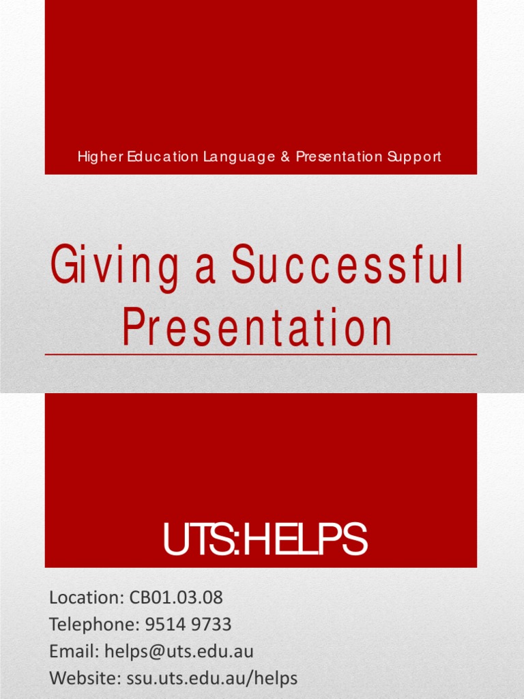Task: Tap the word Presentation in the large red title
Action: point(258,328)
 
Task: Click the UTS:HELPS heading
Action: point(264,540)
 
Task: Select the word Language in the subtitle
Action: point(237,157)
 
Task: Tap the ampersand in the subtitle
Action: point(285,157)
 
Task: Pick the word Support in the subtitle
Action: point(414,157)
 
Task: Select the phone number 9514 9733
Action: point(188,625)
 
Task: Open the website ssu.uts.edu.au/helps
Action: point(212,678)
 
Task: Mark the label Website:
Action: point(85,678)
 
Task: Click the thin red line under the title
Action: point(261,355)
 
